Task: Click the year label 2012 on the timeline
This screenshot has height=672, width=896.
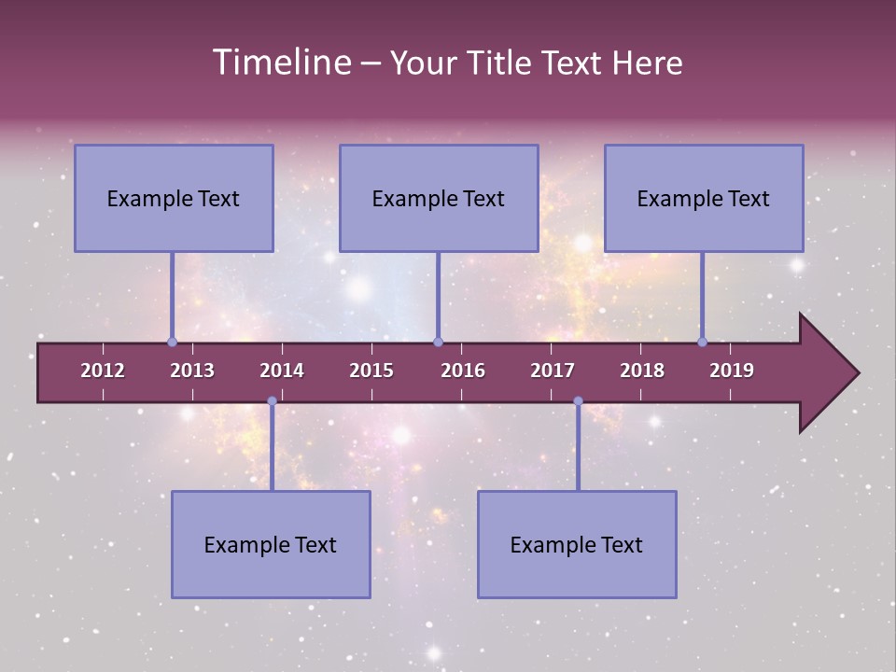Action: pyautogui.click(x=103, y=371)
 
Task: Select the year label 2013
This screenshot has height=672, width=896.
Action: pyautogui.click(x=192, y=371)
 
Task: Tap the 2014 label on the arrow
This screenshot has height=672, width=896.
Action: pyautogui.click(x=282, y=371)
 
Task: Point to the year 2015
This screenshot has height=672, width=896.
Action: pyautogui.click(x=371, y=371)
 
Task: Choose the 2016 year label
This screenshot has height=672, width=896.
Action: pyautogui.click(x=463, y=371)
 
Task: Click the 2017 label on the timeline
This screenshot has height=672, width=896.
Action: pyautogui.click(x=553, y=371)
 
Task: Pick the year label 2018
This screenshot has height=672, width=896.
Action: pyautogui.click(x=642, y=371)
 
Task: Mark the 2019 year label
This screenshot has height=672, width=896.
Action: pyautogui.click(x=732, y=371)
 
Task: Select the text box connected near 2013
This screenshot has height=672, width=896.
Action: pyautogui.click(x=174, y=198)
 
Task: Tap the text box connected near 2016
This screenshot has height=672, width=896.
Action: pyautogui.click(x=439, y=198)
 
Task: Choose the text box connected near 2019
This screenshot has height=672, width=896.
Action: pyautogui.click(x=704, y=198)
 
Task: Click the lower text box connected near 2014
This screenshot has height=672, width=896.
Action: pyautogui.click(x=271, y=544)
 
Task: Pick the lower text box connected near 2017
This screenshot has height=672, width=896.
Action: pyautogui.click(x=577, y=544)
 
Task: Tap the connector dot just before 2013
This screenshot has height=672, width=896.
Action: pyautogui.click(x=172, y=342)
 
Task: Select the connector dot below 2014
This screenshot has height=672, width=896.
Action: pyautogui.click(x=272, y=401)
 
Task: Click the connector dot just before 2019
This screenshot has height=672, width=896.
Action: pyautogui.click(x=702, y=342)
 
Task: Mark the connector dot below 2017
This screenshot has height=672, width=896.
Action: pyautogui.click(x=578, y=401)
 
